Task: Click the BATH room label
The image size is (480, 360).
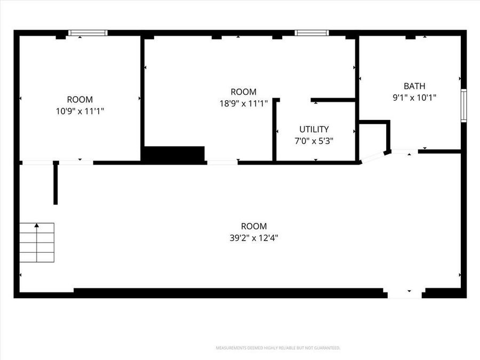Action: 414,86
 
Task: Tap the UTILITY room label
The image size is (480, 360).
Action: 314,129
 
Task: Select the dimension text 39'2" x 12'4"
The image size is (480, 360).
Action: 253,238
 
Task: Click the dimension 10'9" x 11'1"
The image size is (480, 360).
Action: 79,111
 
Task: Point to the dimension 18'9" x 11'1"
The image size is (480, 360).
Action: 243,103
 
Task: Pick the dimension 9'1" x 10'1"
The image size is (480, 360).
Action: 414,98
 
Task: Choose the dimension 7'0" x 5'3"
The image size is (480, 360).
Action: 314,141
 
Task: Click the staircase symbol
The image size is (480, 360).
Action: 37,243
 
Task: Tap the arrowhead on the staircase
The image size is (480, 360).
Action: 37,226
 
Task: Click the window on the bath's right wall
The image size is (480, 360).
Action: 463,106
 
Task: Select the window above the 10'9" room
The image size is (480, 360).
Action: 88,33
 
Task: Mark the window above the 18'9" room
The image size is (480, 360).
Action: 313,33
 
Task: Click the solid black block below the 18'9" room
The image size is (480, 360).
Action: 174,154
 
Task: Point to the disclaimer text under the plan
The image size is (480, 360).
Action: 277,348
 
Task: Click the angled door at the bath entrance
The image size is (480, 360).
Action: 373,157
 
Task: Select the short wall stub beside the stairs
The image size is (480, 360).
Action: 55,183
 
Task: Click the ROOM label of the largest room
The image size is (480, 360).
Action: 253,227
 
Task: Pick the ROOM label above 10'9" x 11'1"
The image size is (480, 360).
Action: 79,100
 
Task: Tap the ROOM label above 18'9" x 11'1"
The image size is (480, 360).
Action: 243,92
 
